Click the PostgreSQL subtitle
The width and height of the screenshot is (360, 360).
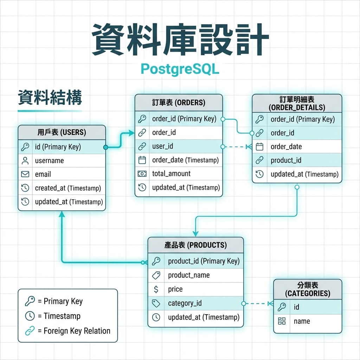click(x=180, y=69)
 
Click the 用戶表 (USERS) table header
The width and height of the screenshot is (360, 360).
click(x=62, y=133)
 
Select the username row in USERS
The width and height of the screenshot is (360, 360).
click(x=49, y=161)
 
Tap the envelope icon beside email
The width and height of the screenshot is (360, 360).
click(x=25, y=174)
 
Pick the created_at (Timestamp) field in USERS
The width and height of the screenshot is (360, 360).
click(x=68, y=188)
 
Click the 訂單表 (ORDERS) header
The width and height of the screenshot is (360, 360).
click(x=179, y=102)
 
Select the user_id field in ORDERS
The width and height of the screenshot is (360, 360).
click(x=162, y=146)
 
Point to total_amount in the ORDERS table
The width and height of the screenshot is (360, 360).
click(x=171, y=174)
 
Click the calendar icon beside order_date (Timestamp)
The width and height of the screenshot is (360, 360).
click(x=142, y=160)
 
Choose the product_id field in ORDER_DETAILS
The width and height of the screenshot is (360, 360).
click(x=286, y=160)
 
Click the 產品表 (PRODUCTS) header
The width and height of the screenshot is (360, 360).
click(x=195, y=245)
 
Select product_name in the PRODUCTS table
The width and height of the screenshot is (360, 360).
click(x=189, y=275)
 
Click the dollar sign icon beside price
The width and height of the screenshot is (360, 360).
click(x=156, y=289)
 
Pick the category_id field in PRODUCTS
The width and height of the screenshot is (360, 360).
click(x=185, y=303)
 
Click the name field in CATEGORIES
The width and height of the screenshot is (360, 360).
click(x=302, y=321)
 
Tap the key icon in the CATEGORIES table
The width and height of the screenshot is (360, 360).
click(x=282, y=307)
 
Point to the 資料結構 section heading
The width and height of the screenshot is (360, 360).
click(x=50, y=98)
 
